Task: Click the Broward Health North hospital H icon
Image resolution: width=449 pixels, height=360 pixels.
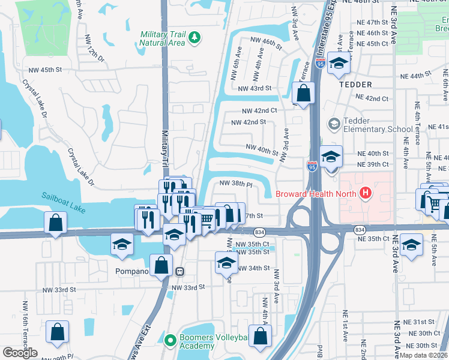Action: tap(364, 193)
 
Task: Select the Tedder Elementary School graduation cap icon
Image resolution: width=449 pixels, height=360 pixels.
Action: tap(334, 124)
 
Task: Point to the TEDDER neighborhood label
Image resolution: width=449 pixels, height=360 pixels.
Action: tap(355, 85)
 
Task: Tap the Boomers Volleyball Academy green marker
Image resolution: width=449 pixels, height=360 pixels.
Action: tap(170, 339)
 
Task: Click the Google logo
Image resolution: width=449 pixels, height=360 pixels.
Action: tap(20, 353)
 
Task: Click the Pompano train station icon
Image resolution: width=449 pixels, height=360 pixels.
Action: tap(179, 271)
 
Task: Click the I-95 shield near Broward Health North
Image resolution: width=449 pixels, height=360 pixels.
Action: tap(312, 166)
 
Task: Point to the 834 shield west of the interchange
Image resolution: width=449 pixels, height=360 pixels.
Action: tap(259, 232)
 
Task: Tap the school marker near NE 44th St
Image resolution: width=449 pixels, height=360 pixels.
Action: tap(339, 64)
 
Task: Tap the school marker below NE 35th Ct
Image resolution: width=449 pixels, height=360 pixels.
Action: tap(411, 245)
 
